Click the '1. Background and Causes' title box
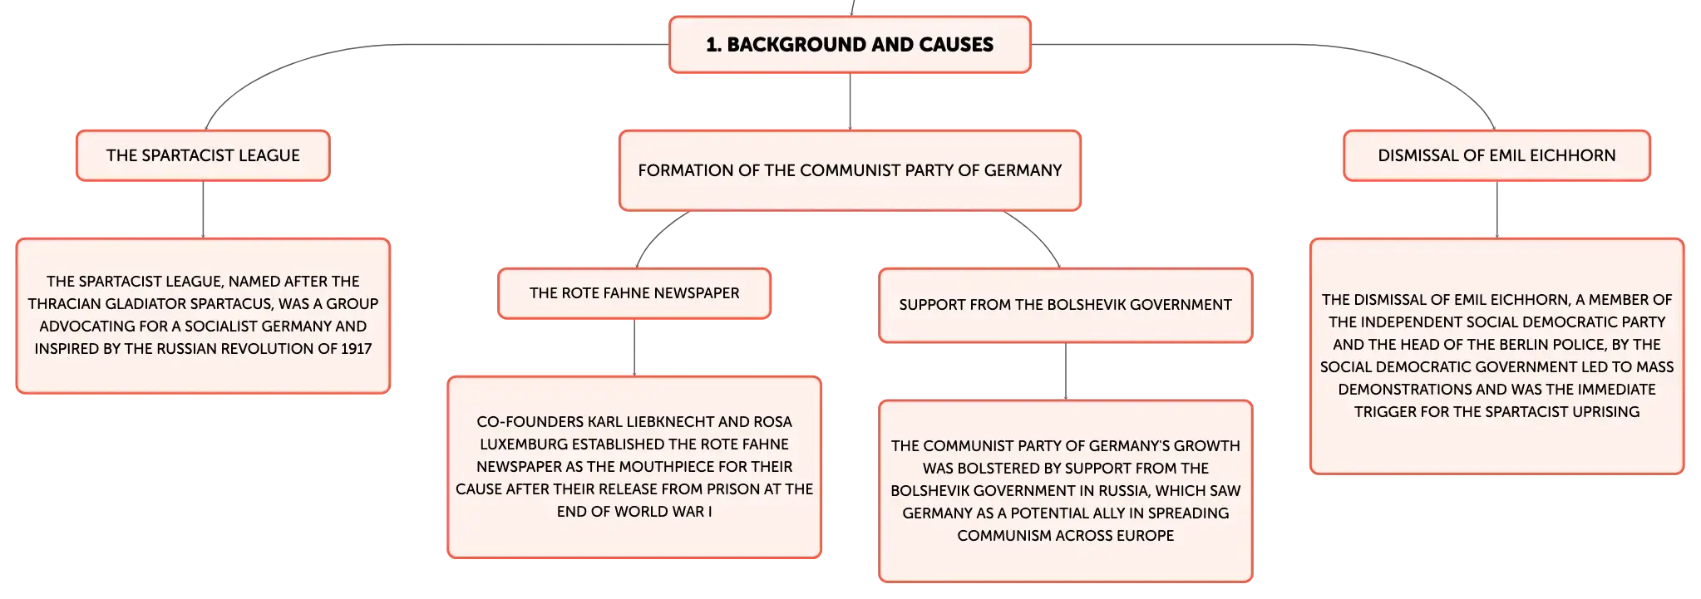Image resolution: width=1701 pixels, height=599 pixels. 850,45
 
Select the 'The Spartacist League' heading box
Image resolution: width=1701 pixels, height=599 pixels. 203,155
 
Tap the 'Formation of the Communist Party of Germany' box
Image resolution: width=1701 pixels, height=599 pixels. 850,170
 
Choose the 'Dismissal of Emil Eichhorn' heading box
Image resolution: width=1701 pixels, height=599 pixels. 1496,155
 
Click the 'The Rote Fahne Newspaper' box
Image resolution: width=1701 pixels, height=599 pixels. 634,293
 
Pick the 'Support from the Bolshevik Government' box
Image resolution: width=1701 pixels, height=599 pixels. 1066,305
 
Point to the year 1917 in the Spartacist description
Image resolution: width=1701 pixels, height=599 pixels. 356,349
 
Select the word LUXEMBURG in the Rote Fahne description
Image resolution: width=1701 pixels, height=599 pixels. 522,444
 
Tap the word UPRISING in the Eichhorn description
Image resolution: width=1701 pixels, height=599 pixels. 1605,412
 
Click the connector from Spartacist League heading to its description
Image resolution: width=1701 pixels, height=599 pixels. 203,209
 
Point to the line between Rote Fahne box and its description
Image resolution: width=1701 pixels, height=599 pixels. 634,347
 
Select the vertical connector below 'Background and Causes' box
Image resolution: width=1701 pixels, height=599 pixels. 850,101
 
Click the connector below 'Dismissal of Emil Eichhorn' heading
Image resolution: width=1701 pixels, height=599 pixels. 1496,209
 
